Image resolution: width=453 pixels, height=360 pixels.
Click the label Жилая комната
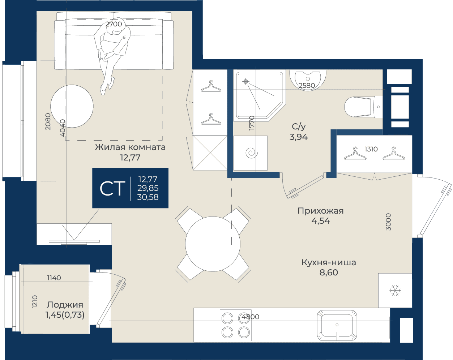[x=130, y=147]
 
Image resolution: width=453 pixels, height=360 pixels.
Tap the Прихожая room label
[x=320, y=211]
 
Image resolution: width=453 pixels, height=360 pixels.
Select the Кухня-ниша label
[x=329, y=262]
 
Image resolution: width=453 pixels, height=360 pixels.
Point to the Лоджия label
[x=65, y=305]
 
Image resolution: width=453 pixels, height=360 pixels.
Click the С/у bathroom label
[x=299, y=126]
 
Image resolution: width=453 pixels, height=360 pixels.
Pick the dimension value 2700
[x=114, y=24]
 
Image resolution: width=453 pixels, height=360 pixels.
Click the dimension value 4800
[x=250, y=317]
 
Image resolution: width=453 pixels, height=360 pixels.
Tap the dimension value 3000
[x=388, y=222]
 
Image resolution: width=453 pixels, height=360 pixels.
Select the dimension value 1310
[x=371, y=149]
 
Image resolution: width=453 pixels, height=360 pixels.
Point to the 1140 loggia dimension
[x=54, y=278]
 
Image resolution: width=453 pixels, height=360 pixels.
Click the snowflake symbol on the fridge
[x=395, y=291]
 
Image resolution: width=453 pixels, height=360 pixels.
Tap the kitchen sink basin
[x=337, y=325]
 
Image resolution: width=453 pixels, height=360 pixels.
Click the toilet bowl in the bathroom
[x=358, y=107]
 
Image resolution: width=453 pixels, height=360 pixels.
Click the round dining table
[x=213, y=244]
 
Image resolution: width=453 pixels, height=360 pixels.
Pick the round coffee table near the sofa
[x=72, y=106]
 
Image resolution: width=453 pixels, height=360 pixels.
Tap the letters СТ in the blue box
[x=111, y=188]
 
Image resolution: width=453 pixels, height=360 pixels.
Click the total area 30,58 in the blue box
[x=148, y=197]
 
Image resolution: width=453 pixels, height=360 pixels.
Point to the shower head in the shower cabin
[x=245, y=81]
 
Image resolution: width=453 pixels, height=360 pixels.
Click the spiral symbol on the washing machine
[x=252, y=153]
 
